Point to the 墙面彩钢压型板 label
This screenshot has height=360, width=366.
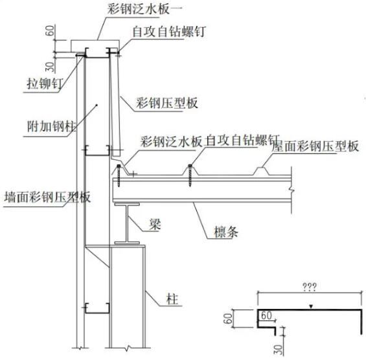(x=45, y=196)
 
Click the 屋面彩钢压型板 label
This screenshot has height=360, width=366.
(x=315, y=146)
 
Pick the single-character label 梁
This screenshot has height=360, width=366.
(x=154, y=224)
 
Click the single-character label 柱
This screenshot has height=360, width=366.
(x=172, y=298)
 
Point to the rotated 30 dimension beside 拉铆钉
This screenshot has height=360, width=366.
(x=51, y=65)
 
